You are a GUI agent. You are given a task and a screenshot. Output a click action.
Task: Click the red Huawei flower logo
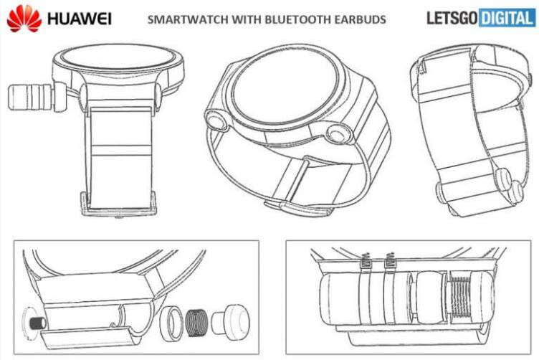pos(24,19)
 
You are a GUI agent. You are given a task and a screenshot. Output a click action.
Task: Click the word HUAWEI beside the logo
pos(80,19)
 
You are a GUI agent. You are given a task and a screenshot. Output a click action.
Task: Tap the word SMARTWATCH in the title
pos(188,19)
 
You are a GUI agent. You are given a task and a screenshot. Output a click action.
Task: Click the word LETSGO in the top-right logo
pos(452,18)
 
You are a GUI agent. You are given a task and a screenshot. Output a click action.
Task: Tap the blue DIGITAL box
pos(507,18)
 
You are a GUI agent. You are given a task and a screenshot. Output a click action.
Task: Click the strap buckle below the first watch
pos(118,204)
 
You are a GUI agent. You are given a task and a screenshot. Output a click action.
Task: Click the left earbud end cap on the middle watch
pos(217,121)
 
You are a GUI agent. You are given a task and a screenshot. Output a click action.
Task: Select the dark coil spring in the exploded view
pos(197,323)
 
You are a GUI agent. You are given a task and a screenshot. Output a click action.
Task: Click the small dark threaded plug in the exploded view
pos(38,323)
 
